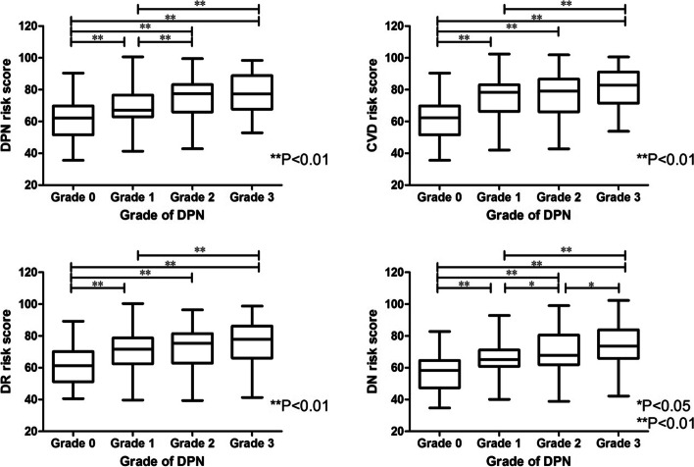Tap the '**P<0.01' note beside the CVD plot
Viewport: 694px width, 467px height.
(665, 158)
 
